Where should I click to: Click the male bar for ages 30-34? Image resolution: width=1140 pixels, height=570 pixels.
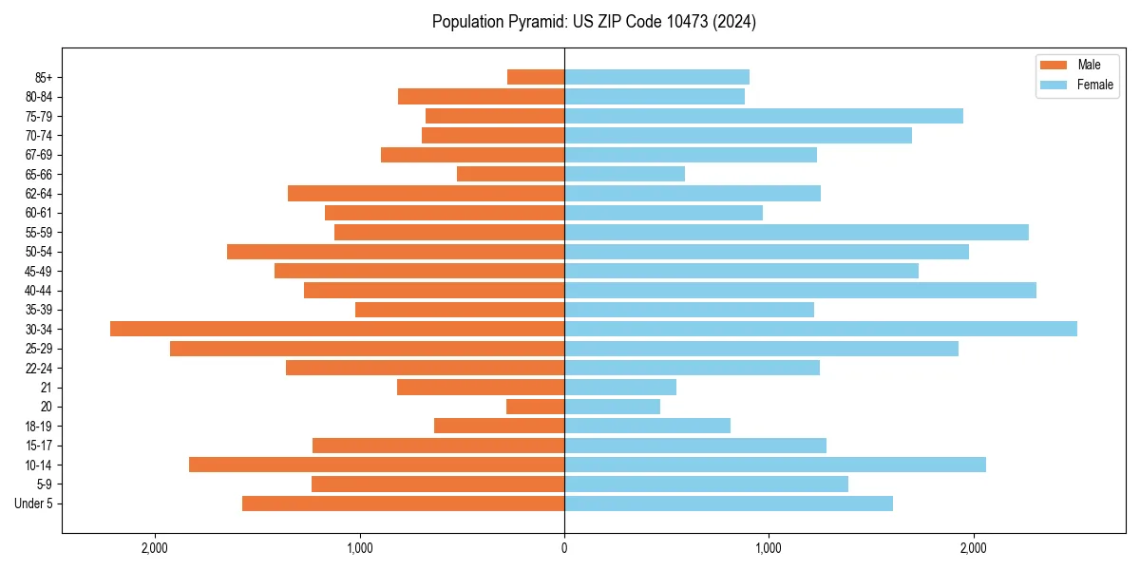[x=337, y=329]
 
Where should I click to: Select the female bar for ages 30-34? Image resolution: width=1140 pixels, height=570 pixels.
[x=821, y=329]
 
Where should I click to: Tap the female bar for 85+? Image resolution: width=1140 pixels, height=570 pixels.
[x=656, y=77]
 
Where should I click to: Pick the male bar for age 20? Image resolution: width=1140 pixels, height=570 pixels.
[x=535, y=407]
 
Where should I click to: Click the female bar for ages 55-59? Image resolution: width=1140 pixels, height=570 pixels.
[x=796, y=232]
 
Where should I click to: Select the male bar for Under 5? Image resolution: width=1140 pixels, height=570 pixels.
[x=403, y=503]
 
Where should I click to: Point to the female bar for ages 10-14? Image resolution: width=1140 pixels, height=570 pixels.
[x=775, y=465]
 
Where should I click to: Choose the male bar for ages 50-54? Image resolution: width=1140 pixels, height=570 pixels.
[x=395, y=252]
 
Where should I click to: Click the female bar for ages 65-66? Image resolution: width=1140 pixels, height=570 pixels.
[x=624, y=174]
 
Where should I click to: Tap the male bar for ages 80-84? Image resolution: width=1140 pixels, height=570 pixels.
[x=481, y=96]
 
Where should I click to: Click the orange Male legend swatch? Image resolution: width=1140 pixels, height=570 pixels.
[x=1054, y=65]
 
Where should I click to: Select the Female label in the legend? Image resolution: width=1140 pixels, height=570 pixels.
[x=1094, y=85]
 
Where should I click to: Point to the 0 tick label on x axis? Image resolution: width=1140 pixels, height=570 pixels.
[x=564, y=548]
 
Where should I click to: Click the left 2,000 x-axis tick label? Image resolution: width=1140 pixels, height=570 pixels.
[x=155, y=548]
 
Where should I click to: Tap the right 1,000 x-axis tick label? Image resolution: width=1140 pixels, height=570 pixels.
[x=769, y=548]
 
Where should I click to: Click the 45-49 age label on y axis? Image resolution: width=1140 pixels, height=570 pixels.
[x=39, y=271]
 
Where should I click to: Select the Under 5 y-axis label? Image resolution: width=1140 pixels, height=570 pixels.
[x=34, y=503]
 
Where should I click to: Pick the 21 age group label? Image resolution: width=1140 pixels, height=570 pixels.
[x=46, y=388]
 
